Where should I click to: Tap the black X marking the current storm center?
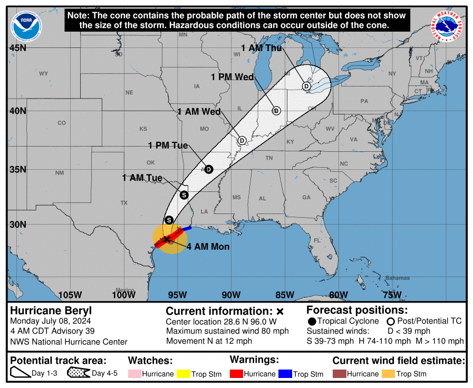coord(167,239)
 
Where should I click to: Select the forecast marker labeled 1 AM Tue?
coord(184,195)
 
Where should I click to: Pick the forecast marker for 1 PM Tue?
coord(209,169)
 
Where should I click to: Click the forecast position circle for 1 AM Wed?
coord(242,140)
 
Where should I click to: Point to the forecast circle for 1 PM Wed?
coord(276,111)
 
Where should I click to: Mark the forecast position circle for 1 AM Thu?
coord(306,86)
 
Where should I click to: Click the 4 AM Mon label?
coord(208,246)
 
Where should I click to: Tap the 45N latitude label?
coord(17,48)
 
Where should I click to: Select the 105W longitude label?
coord(70,295)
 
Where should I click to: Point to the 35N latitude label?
coord(17,169)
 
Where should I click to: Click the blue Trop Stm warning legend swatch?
coord(285,374)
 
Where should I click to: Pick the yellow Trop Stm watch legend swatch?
coord(184,374)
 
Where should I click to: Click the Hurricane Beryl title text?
coord(51,311)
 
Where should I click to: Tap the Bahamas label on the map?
coord(397,278)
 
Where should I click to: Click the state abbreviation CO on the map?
coord(62,123)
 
